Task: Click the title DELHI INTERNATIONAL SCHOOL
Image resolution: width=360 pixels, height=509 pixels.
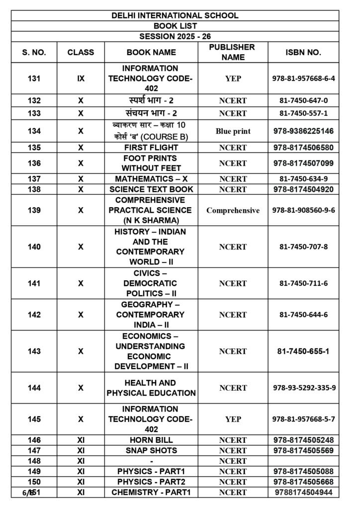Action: (175, 15)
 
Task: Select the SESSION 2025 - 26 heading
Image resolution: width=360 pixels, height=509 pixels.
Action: (175, 36)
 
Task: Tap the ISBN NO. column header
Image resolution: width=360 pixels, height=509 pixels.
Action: (303, 52)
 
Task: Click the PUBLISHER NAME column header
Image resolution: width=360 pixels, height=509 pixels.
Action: (232, 52)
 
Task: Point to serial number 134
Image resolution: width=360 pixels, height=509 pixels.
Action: (34, 131)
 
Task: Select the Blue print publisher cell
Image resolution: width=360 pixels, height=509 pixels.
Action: (233, 131)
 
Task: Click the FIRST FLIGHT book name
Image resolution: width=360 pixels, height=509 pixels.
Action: (151, 148)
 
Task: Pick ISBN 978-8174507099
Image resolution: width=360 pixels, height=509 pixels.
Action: (303, 163)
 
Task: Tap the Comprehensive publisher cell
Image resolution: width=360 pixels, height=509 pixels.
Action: (233, 210)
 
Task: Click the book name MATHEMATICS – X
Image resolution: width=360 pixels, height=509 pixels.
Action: (151, 179)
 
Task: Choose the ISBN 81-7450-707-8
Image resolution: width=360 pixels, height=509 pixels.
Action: (303, 247)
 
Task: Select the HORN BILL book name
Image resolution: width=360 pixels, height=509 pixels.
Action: (151, 440)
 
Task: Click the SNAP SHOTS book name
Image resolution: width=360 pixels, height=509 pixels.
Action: (151, 450)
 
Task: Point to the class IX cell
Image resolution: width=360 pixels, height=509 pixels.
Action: (81, 79)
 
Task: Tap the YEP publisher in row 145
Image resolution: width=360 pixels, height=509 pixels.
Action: (233, 419)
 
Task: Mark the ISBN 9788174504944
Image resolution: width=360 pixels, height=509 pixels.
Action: (303, 492)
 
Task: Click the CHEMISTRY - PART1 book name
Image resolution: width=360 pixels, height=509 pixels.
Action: (151, 492)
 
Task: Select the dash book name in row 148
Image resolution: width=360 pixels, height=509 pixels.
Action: (151, 461)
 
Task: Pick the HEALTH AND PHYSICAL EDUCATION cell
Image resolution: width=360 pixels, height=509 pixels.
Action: (151, 388)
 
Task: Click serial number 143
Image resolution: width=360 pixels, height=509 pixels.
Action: (34, 351)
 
